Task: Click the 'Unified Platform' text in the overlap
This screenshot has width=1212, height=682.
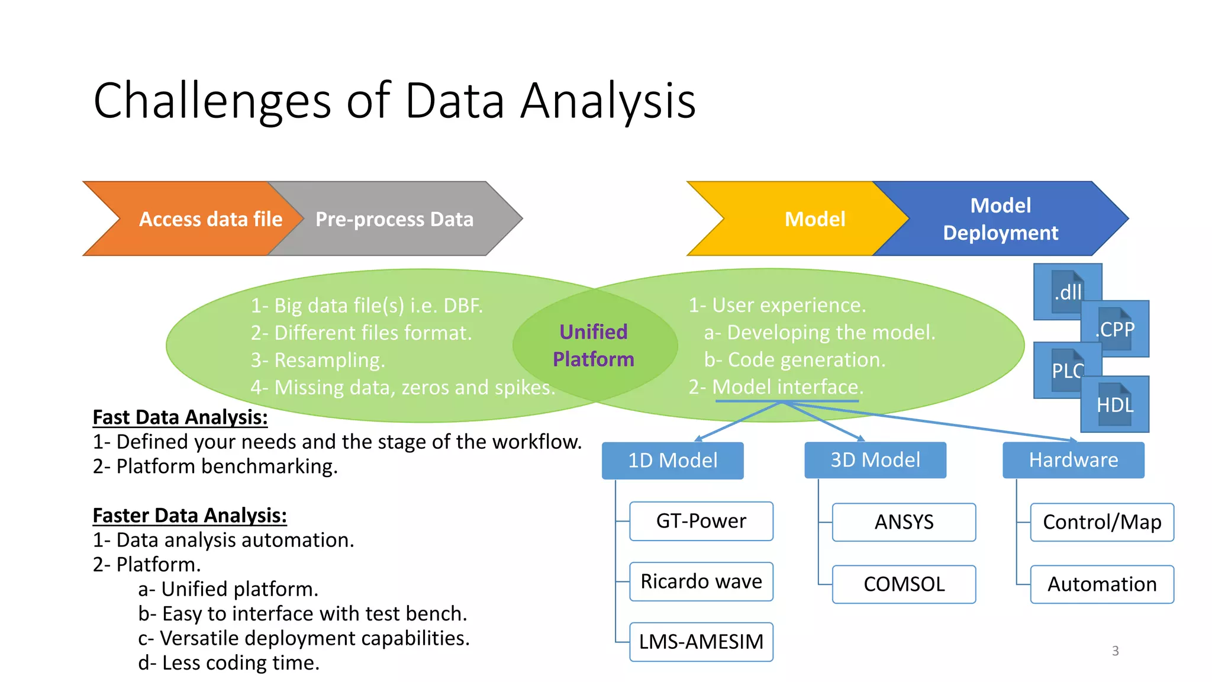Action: tap(594, 346)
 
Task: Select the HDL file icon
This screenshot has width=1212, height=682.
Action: tap(1116, 405)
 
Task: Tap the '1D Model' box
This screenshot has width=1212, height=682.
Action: tap(672, 461)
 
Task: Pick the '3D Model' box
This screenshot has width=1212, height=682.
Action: tap(875, 460)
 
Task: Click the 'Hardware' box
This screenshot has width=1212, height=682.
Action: tap(1073, 460)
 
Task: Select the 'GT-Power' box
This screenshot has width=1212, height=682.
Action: tap(701, 521)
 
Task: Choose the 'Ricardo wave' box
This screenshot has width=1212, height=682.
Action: tap(701, 581)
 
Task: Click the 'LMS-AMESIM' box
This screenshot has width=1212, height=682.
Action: tap(701, 642)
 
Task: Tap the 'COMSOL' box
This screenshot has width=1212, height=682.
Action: tap(904, 584)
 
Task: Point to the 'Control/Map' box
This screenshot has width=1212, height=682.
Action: tap(1102, 522)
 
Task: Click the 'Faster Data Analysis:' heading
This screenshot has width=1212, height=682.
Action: tap(189, 516)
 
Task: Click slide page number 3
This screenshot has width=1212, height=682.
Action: tap(1115, 651)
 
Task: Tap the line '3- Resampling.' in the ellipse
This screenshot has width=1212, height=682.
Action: tap(318, 360)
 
